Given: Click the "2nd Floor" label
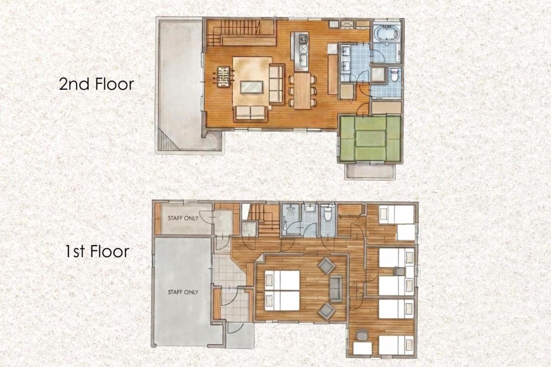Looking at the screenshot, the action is point(96,84).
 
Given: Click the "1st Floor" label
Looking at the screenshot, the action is point(97,251).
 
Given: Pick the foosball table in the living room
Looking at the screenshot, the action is point(222,76).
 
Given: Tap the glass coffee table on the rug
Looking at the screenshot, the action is point(251,87).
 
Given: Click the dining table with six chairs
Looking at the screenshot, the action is point(303,90).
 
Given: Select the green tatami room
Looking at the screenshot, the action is point(370,138).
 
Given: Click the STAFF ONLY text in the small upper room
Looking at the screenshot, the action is point(183,218).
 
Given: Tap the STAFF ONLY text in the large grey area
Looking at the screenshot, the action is point(183,292).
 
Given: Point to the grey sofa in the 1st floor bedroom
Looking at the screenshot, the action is point(336,289).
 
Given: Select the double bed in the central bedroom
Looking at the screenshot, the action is point(282,291).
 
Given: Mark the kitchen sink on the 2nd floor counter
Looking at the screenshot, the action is point(303,61).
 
